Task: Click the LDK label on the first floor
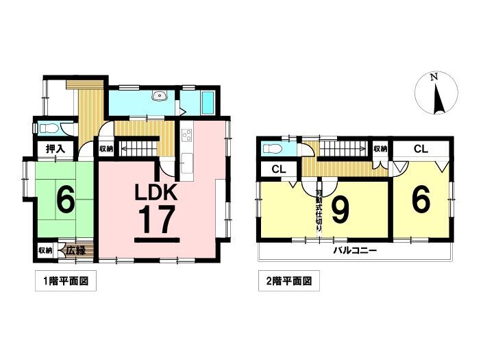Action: (156, 192)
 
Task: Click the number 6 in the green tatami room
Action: (65, 201)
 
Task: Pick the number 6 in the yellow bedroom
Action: (421, 202)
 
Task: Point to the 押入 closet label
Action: (55, 149)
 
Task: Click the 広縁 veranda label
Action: (76, 250)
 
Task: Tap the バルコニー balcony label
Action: (355, 250)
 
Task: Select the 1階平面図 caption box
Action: (66, 280)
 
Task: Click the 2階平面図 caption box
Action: (289, 280)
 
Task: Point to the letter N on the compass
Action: (434, 77)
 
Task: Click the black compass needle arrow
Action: (439, 99)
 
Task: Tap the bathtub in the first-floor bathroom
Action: (208, 102)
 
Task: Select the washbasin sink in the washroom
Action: (160, 96)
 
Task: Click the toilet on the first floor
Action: (48, 128)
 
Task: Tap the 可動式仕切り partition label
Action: (319, 211)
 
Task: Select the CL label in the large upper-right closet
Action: (421, 149)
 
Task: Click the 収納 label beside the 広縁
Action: (45, 250)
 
